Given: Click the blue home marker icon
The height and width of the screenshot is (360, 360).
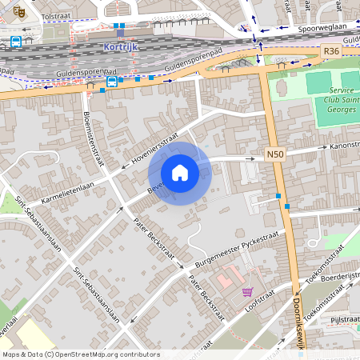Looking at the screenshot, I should point(180,172).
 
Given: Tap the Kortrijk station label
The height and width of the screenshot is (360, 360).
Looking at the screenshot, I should point(121,46).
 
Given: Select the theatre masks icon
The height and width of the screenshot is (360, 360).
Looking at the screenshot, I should point(20,11).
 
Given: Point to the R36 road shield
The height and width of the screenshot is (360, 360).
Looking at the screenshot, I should point(332,50).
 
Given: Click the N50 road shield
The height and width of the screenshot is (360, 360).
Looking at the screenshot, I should point(275,154).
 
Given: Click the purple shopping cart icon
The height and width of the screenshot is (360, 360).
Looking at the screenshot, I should point(247,292).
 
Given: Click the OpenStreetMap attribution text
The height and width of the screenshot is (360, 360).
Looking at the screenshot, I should point(80,354).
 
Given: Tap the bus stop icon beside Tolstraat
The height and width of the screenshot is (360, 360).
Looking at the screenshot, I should point(16,42).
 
